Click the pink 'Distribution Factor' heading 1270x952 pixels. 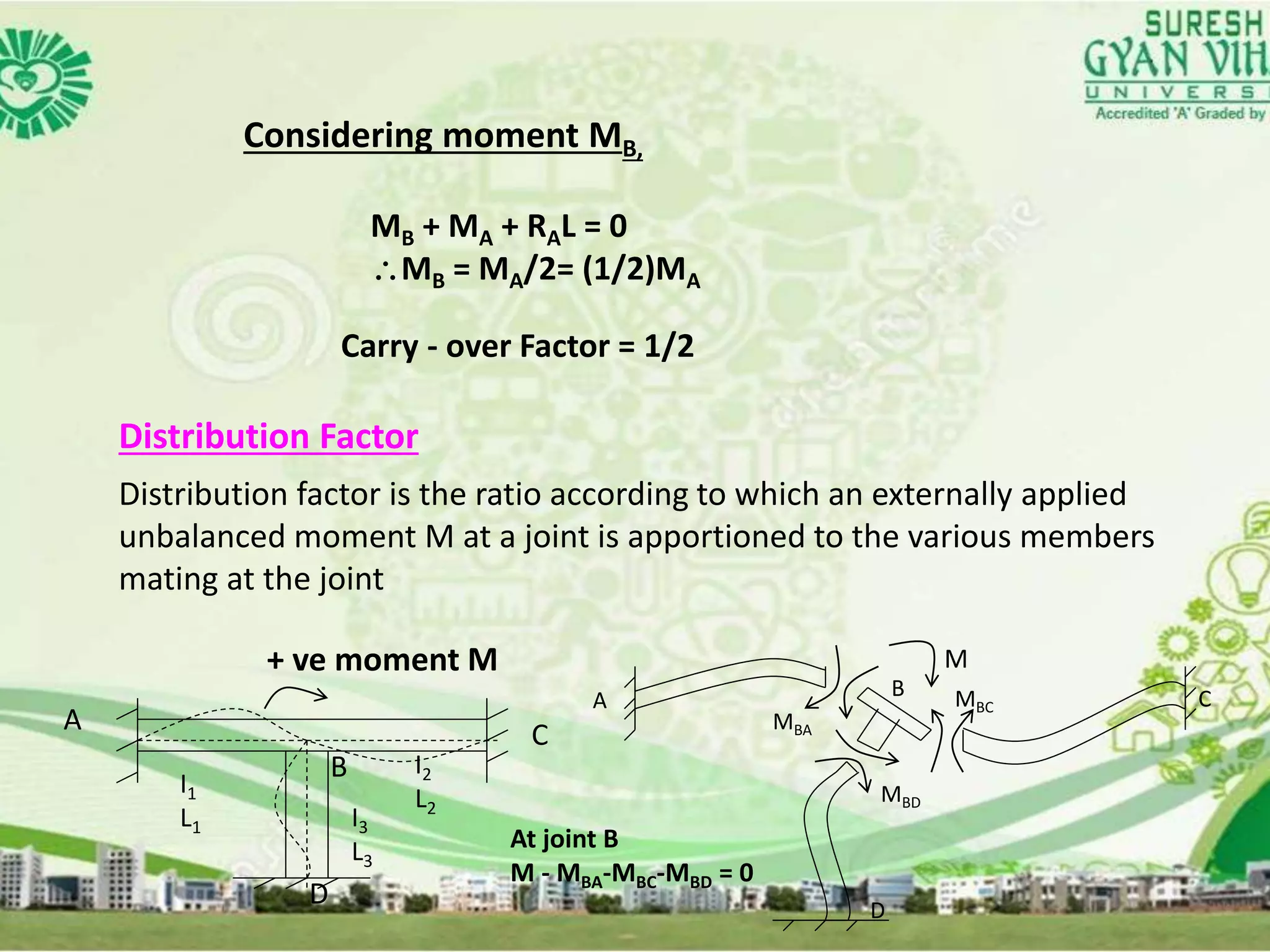(x=269, y=436)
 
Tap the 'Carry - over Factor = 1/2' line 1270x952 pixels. (x=517, y=346)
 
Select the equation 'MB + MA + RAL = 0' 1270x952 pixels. (x=499, y=227)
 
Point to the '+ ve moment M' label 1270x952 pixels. (x=382, y=659)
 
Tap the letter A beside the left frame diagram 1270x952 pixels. (x=73, y=720)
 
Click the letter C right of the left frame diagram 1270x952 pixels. (x=540, y=736)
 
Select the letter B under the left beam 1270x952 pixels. (x=339, y=768)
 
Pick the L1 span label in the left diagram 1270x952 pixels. (x=190, y=821)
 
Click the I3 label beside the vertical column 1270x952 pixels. (x=360, y=821)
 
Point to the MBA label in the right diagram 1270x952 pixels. (x=792, y=723)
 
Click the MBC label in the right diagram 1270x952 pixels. (x=974, y=701)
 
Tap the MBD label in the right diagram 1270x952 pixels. (x=900, y=795)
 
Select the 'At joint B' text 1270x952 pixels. (x=564, y=839)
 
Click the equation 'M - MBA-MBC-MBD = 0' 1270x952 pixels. (x=631, y=873)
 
